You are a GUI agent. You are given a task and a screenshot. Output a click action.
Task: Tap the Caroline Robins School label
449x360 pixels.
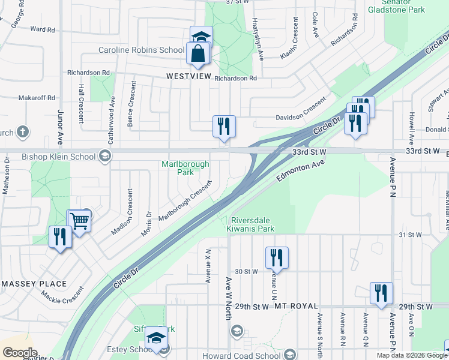pos(141,50)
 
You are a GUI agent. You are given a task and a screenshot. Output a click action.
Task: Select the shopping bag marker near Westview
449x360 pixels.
pos(197,55)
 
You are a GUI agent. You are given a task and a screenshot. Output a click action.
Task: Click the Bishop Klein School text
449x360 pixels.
pos(58,157)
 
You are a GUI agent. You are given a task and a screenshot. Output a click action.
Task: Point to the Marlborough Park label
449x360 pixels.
pos(186,168)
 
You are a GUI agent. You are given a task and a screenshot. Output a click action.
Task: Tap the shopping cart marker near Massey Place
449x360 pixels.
pos(79,221)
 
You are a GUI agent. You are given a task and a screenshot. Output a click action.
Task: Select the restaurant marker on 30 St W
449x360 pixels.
pos(277,258)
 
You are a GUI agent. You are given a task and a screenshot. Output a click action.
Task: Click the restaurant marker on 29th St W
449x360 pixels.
pos(381,293)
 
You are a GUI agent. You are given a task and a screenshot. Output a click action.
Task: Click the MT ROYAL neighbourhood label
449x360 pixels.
pos(295,306)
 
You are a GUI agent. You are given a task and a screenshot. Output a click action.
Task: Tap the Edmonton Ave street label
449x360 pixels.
pos(300,171)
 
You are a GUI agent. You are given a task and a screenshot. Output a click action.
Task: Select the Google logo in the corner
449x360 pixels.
pos(20,353)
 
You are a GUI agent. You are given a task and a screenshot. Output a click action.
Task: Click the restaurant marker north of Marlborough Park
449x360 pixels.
pos(224,127)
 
